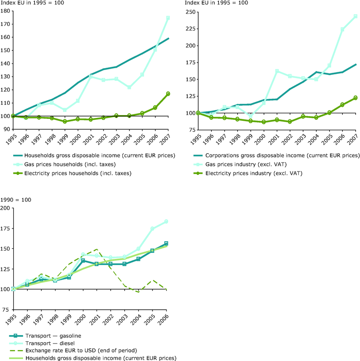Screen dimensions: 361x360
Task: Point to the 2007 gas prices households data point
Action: [x=168, y=18]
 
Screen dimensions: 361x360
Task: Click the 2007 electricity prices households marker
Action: [x=168, y=94]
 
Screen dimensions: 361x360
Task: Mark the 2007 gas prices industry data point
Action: [x=356, y=16]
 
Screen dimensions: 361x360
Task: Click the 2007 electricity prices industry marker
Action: [x=356, y=98]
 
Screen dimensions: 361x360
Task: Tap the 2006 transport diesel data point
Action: [x=166, y=221]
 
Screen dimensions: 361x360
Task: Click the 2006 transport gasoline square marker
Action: [x=166, y=243]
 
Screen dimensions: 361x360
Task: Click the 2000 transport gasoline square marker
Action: [x=83, y=261]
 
